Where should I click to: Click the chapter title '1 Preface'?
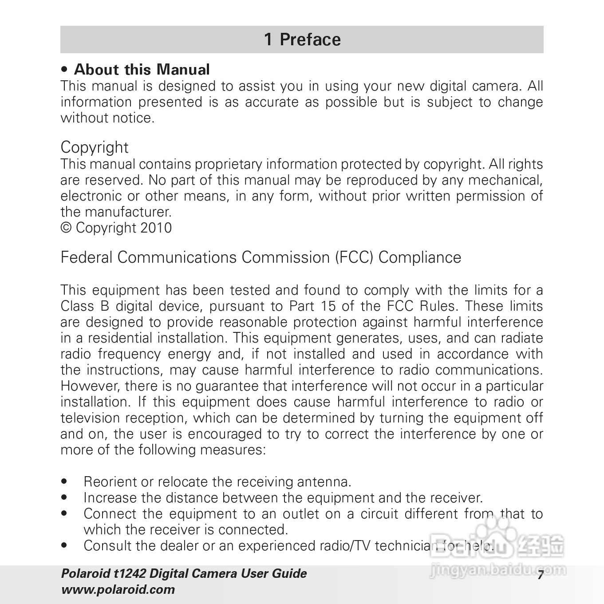302,39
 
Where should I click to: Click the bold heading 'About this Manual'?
142,70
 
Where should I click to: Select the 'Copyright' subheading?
95,147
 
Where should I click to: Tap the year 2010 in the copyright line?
156,228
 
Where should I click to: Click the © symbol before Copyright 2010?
66,228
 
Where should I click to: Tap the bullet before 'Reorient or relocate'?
65,482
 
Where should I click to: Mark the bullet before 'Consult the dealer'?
65,545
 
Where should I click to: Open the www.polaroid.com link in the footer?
118,590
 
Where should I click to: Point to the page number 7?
540,575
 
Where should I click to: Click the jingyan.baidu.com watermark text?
497,570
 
